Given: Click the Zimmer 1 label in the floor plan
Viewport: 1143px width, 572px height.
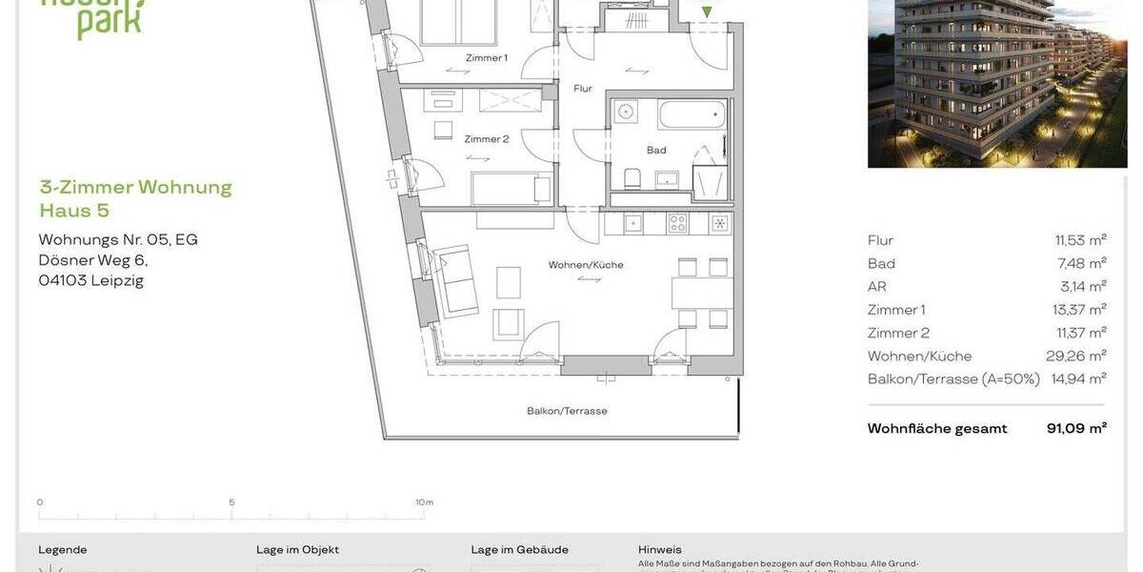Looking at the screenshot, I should (x=486, y=58).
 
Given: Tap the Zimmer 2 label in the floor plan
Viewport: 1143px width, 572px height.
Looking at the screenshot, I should (x=487, y=139).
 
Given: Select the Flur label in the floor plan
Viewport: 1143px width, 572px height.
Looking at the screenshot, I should (x=583, y=89).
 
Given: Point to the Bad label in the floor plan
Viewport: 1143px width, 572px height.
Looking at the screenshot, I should (x=656, y=151).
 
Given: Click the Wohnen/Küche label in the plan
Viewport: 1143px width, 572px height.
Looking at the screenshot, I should (x=586, y=265).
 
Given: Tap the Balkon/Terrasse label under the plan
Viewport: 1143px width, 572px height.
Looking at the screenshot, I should (x=567, y=412).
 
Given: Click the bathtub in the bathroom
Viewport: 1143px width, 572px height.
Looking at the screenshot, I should (x=692, y=115).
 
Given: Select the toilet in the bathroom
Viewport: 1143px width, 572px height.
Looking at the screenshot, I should (x=632, y=177).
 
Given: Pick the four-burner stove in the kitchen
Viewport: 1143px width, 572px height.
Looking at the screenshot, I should (x=678, y=224).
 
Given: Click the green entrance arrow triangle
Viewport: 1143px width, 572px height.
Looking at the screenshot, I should (x=706, y=13).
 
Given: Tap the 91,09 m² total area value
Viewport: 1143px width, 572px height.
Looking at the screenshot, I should (x=1076, y=429).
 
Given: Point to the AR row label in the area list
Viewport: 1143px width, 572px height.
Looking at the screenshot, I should (x=877, y=287).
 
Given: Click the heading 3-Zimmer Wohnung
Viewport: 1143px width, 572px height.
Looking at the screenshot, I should (x=135, y=187).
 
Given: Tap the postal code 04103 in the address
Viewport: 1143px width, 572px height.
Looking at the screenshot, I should (x=63, y=280).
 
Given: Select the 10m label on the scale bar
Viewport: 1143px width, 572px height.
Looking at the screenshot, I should (x=425, y=502).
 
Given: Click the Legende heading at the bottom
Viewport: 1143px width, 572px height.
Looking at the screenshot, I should (x=63, y=550).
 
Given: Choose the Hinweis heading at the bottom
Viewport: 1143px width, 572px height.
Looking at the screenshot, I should (x=660, y=550).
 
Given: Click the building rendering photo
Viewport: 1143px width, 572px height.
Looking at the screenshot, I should (x=997, y=84).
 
